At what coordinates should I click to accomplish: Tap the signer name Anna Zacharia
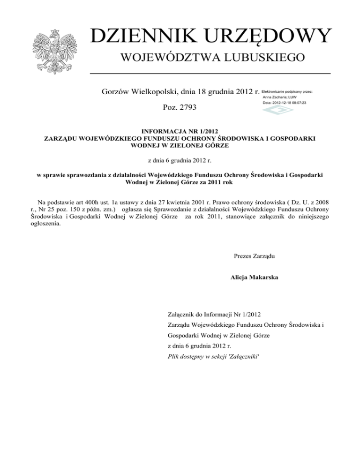(x=279, y=97)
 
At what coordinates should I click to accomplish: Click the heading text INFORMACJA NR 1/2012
(x=180, y=132)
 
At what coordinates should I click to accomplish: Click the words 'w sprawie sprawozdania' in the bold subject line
(x=73, y=174)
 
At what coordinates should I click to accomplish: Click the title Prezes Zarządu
(x=254, y=256)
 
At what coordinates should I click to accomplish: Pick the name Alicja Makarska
(x=254, y=277)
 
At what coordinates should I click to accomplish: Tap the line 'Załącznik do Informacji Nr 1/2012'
(x=214, y=315)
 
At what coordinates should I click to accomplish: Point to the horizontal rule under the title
(x=210, y=74)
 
